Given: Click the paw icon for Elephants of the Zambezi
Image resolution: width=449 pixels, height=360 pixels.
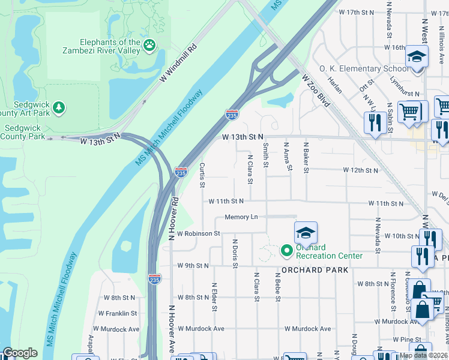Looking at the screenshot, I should [x=149, y=44].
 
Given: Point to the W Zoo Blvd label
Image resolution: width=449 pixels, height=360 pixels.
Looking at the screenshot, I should [x=316, y=91].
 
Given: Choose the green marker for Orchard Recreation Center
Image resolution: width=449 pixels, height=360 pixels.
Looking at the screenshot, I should [x=286, y=250].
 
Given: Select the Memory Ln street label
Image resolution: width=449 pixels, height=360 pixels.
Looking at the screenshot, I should [x=241, y=217].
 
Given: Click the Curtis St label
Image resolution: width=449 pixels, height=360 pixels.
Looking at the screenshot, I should [x=202, y=174].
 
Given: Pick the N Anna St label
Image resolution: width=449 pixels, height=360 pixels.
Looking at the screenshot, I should [x=288, y=157].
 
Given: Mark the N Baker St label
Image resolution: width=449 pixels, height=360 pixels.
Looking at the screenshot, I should [x=306, y=157].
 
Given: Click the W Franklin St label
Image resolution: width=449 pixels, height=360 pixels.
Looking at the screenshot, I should [x=118, y=313].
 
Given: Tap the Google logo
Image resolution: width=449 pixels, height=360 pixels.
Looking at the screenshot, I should [x=20, y=353].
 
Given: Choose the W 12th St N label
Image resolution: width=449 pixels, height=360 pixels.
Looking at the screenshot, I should [x=361, y=170].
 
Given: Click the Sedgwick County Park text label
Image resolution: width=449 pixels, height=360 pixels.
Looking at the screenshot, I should [x=23, y=132].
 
